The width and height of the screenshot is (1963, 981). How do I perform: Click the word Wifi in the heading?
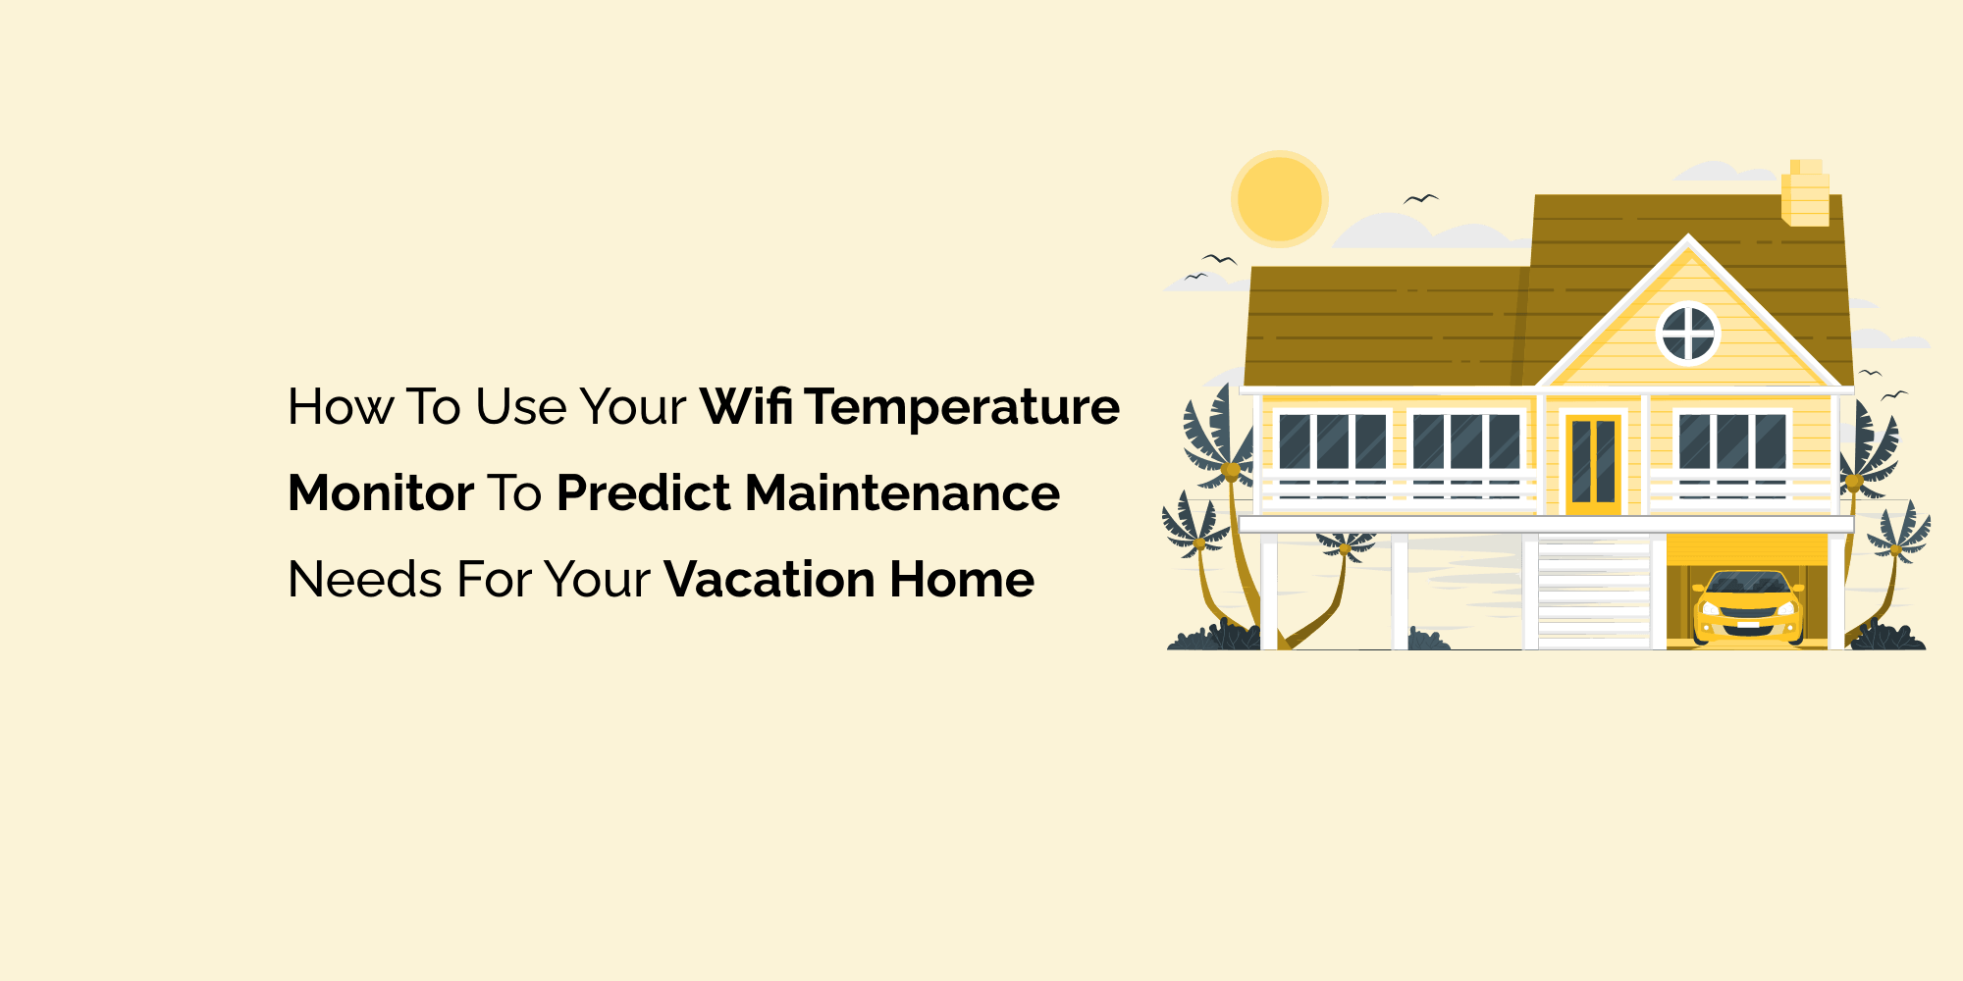[x=746, y=406]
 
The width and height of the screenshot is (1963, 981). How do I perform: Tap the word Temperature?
[x=963, y=408]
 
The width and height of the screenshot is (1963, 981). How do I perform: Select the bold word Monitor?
[x=381, y=492]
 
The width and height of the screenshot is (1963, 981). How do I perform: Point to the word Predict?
[x=643, y=492]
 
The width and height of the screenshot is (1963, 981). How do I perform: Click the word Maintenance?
[x=902, y=492]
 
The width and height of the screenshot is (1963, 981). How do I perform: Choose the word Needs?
[x=364, y=579]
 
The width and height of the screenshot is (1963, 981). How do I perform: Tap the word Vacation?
[x=769, y=579]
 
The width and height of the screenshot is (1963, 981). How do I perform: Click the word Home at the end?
[x=962, y=579]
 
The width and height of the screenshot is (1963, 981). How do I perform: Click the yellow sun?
[x=1279, y=198]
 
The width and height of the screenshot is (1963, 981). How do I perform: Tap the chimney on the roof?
[x=1805, y=194]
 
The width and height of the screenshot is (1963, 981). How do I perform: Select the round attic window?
[x=1688, y=334]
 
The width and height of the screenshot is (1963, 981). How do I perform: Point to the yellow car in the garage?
[x=1748, y=608]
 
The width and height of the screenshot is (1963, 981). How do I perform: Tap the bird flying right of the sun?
[x=1421, y=199]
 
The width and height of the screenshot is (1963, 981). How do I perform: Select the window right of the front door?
[x=1731, y=442]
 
